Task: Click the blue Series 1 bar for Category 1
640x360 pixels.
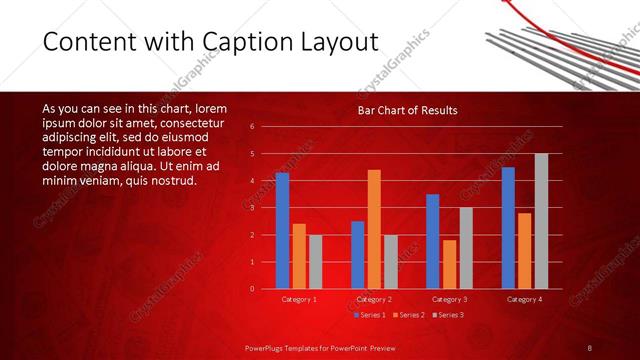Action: tap(282, 230)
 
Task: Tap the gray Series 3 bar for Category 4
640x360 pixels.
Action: tap(541, 221)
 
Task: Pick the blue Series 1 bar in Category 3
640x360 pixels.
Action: tap(432, 241)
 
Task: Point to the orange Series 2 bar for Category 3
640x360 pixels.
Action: tap(449, 264)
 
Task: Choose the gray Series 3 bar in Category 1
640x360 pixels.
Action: tap(315, 262)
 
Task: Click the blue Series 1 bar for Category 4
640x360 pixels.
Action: tap(508, 227)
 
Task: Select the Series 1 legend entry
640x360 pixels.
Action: tap(371, 315)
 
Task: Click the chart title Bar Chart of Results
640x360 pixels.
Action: tap(408, 110)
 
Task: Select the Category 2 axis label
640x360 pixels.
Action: tap(374, 299)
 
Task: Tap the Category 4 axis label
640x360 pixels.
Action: tap(524, 299)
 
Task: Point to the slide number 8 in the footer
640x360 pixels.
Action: tap(590, 347)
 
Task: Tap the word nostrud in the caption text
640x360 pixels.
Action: tap(173, 181)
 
